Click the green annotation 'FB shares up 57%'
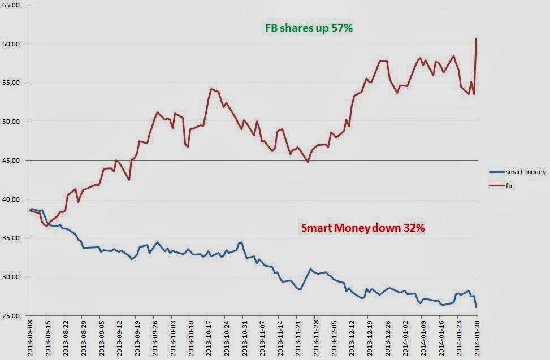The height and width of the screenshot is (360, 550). [x=309, y=28]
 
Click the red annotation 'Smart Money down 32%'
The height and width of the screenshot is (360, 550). [x=363, y=229]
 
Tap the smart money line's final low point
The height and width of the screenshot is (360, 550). [x=477, y=307]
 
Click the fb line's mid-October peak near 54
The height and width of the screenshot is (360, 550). [x=211, y=89]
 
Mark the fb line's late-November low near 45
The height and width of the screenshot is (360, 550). [x=308, y=162]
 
